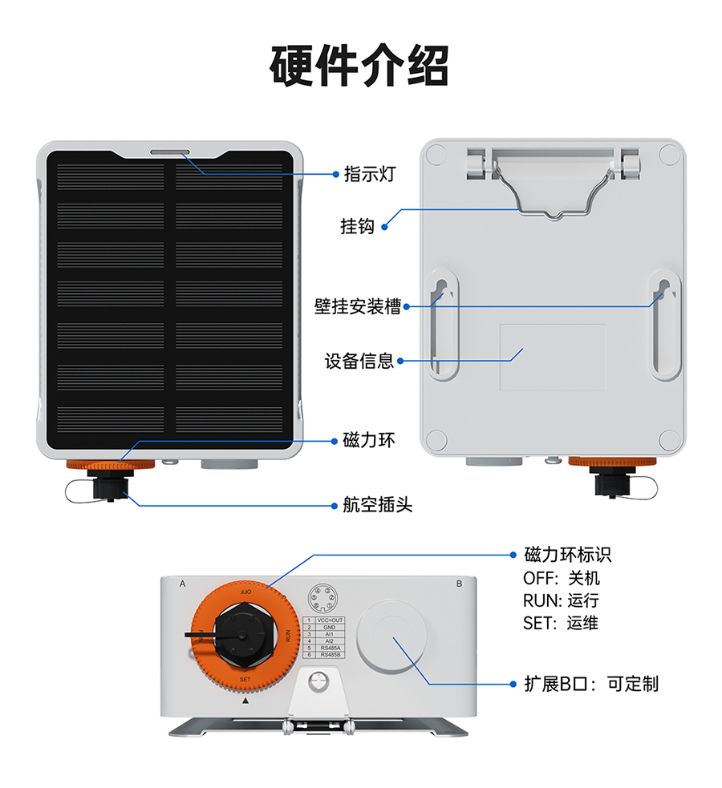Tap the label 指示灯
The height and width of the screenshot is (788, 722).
(370, 173)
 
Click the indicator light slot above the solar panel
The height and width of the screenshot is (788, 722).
(169, 151)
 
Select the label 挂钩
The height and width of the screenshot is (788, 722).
(357, 227)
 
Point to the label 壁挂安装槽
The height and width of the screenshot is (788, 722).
(357, 306)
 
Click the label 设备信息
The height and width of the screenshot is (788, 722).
(359, 361)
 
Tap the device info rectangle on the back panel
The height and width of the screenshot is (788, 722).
(553, 357)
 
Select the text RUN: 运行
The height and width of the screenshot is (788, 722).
(561, 600)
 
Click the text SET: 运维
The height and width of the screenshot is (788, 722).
(560, 623)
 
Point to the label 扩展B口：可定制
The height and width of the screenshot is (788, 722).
(590, 684)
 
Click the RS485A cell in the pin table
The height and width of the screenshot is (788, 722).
(329, 648)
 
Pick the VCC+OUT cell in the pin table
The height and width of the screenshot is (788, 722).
(329, 620)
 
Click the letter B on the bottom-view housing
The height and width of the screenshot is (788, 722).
(459, 584)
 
